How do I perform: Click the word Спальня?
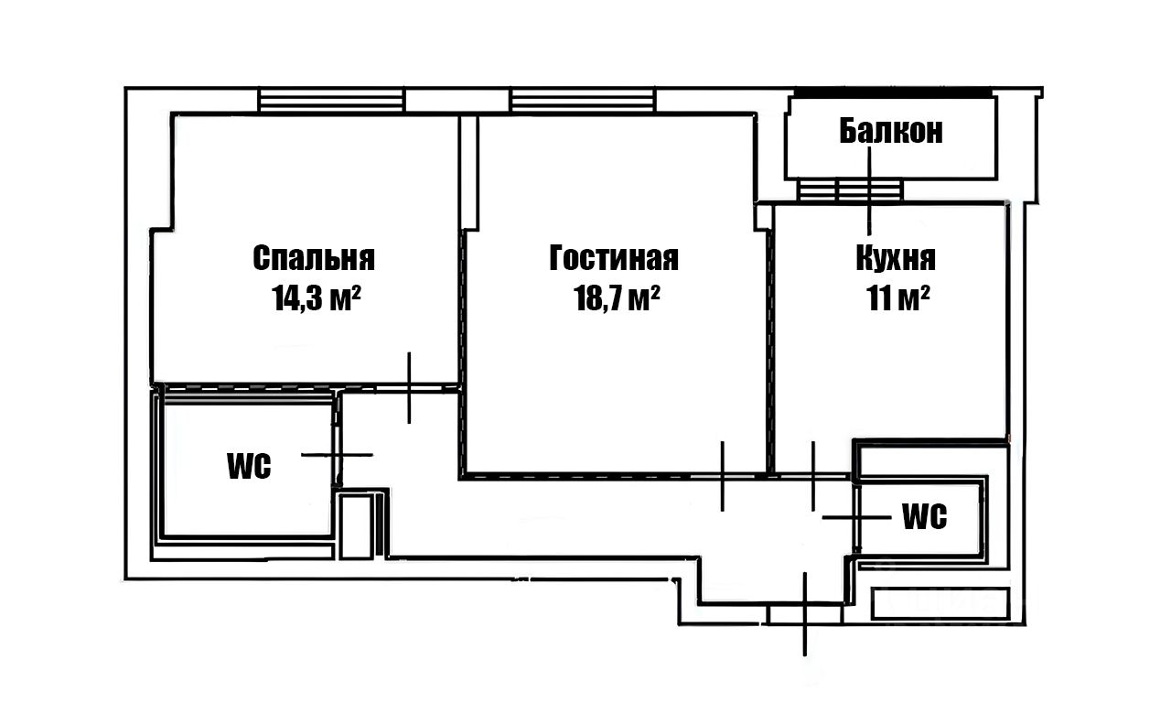[x=314, y=258]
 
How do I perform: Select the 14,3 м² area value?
[x=314, y=299]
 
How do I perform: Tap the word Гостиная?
[x=614, y=258]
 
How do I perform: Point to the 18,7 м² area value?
[x=618, y=299]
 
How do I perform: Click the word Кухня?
[x=896, y=258]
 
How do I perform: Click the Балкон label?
[x=891, y=132]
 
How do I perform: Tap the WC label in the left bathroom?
[x=249, y=466]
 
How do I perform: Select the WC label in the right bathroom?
[x=924, y=517]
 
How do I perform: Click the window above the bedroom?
[x=331, y=100]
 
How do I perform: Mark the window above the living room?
[x=583, y=100]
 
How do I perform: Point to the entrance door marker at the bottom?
[x=805, y=613]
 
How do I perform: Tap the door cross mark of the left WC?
[x=338, y=454]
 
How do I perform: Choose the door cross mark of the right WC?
[x=855, y=517]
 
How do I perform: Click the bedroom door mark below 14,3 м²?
[x=409, y=387]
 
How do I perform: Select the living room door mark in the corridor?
[x=723, y=475]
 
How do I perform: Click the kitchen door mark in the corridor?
[x=812, y=475]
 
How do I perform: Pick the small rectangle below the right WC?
[x=940, y=603]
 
